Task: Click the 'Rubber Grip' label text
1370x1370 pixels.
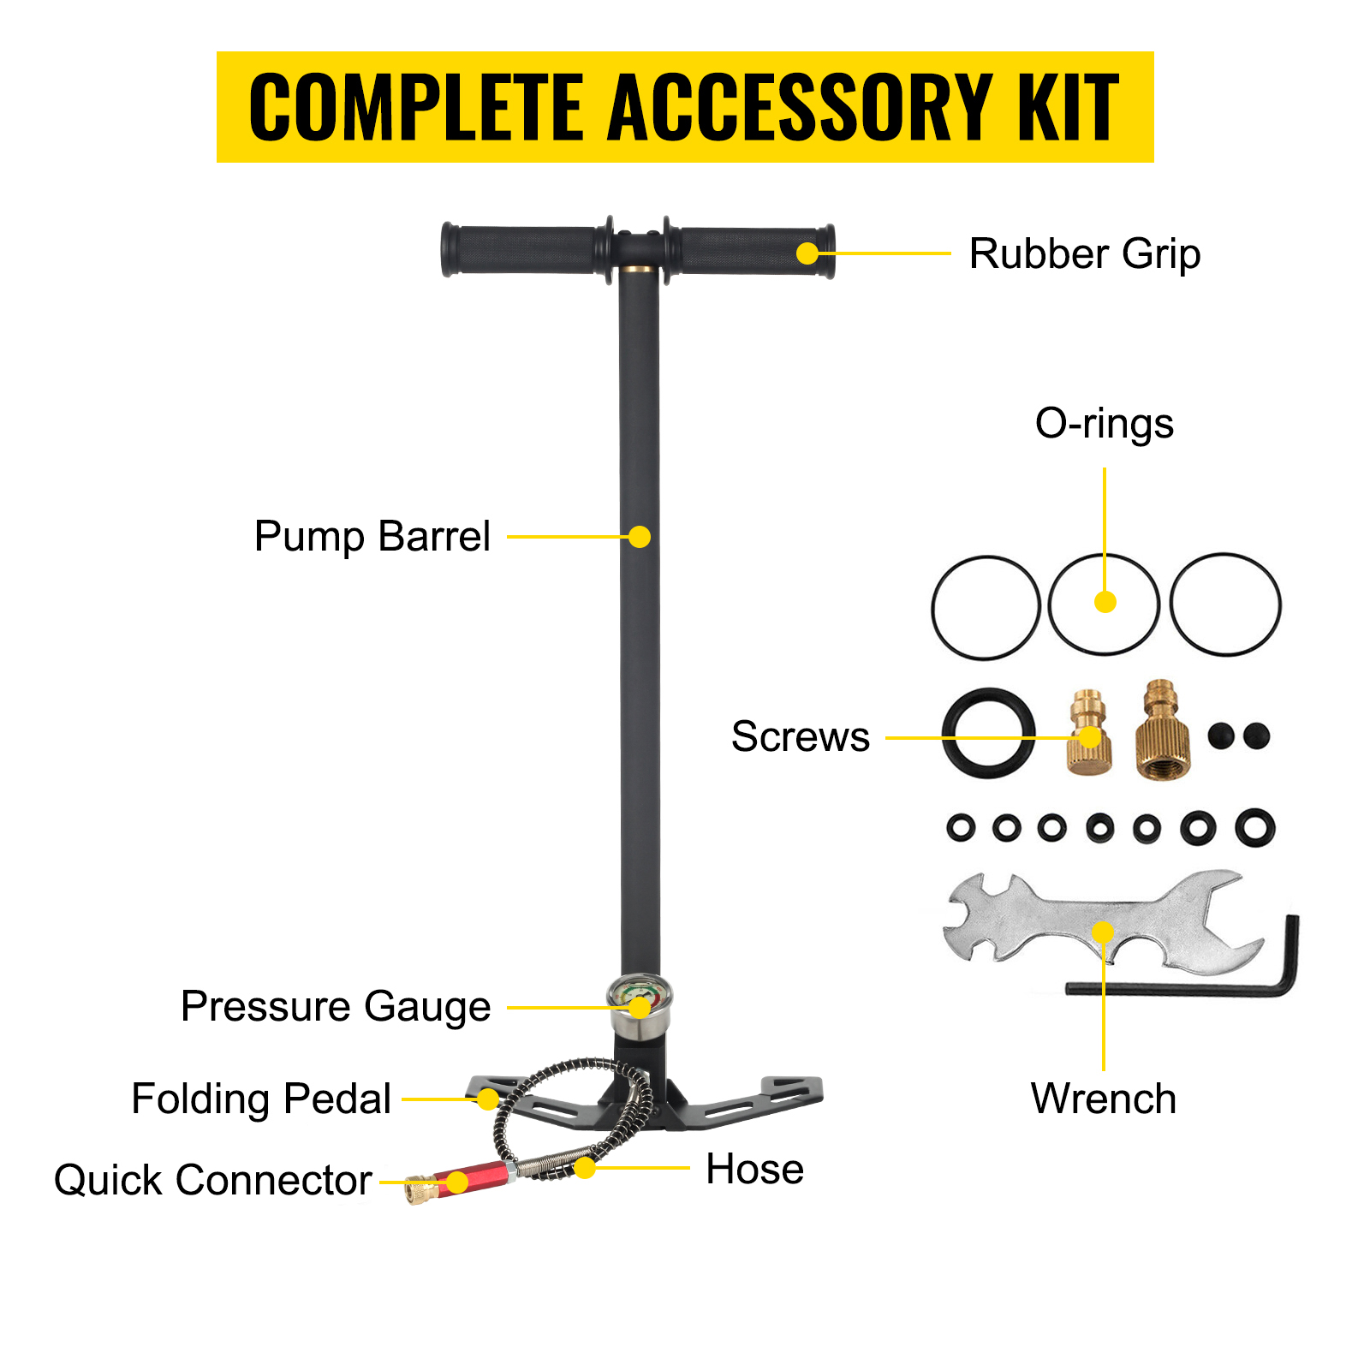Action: (x=1084, y=254)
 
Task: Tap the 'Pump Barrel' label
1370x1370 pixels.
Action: (x=372, y=537)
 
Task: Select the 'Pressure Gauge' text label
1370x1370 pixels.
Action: (x=336, y=1007)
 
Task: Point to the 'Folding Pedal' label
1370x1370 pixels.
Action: (x=261, y=1099)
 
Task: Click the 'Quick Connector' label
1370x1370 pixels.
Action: (x=212, y=1180)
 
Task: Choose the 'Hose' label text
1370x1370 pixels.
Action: (x=754, y=1169)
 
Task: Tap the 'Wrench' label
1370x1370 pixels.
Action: (x=1103, y=1099)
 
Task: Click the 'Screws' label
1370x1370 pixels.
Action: (x=800, y=736)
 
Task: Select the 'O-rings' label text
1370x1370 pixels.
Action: (x=1104, y=423)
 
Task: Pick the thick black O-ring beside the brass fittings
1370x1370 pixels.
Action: (x=988, y=733)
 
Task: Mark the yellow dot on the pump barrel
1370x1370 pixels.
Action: (x=640, y=537)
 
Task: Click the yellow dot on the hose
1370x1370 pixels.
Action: (x=585, y=1167)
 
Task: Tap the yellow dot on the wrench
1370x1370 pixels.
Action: (x=1104, y=932)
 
